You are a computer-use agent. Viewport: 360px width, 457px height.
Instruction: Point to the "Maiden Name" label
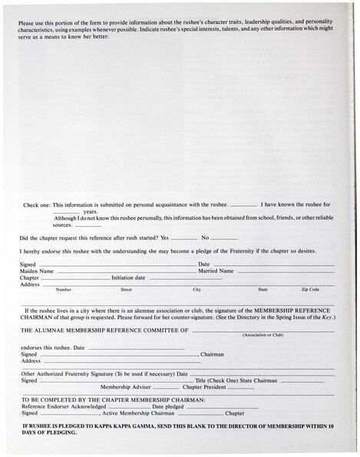pos(36,271)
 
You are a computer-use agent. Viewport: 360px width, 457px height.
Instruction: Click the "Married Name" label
pos(216,271)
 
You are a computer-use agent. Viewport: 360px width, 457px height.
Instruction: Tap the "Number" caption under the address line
pos(64,290)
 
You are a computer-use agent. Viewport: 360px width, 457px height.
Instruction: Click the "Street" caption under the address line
pos(127,290)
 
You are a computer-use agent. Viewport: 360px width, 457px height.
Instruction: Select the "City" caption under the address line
pos(197,290)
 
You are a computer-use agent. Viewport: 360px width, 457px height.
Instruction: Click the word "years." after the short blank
pos(91,212)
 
